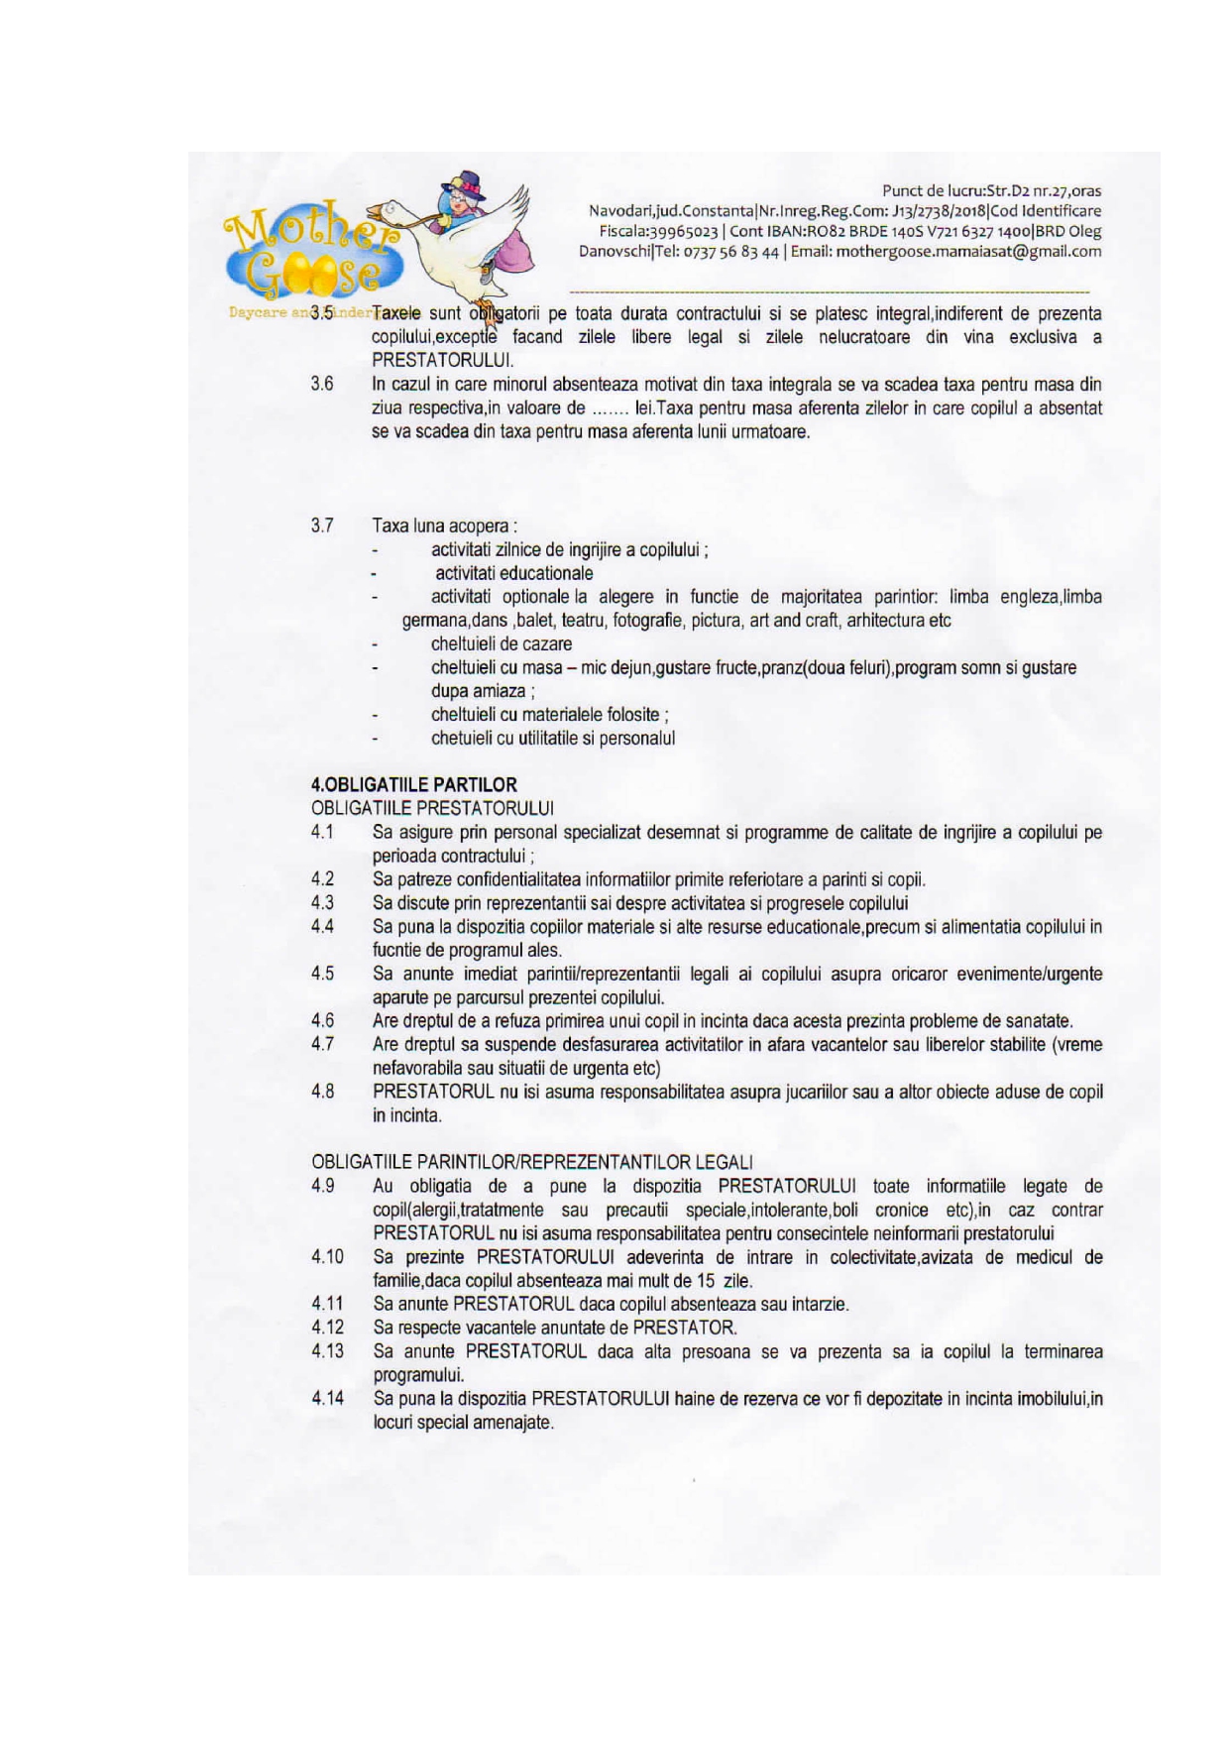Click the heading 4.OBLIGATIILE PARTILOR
click(413, 784)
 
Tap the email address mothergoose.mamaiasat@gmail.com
click(968, 252)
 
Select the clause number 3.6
click(321, 384)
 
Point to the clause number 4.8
click(321, 1092)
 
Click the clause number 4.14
click(327, 1399)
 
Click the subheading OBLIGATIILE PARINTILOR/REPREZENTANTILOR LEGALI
click(532, 1161)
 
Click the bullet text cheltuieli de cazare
click(501, 644)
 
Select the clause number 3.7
click(321, 525)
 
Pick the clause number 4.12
click(327, 1328)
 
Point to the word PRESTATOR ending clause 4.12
click(684, 1328)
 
